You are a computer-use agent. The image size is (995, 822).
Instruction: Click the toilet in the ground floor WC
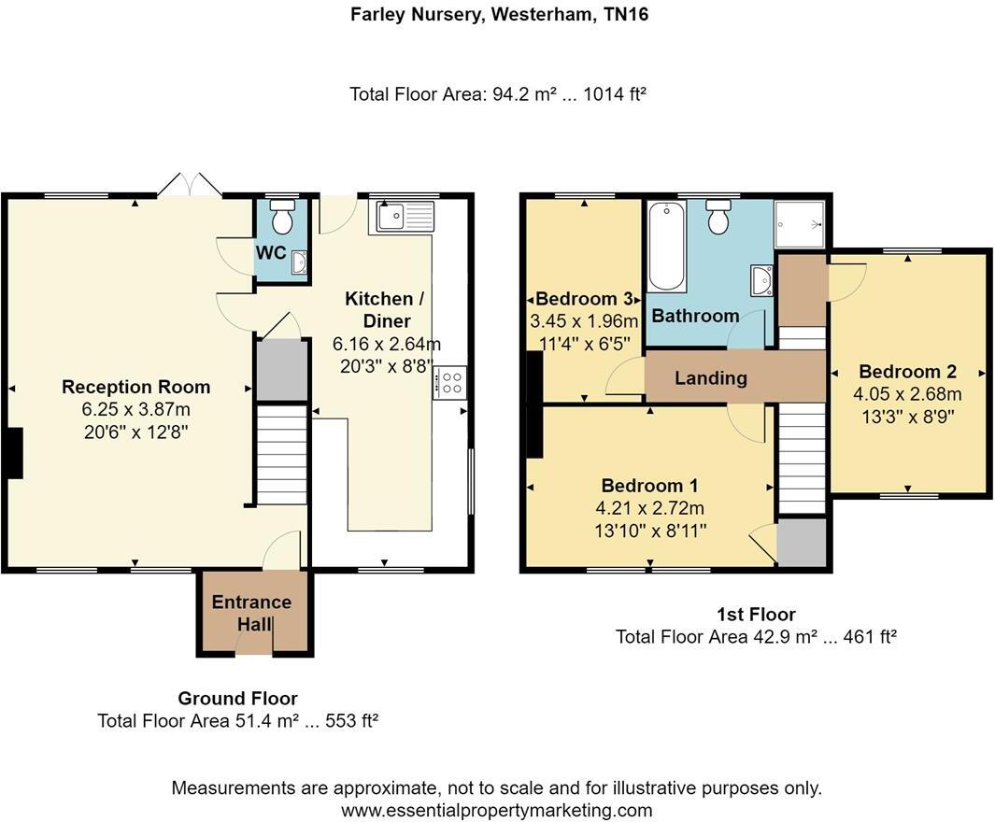point(280,219)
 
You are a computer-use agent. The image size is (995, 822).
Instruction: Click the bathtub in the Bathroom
point(666,247)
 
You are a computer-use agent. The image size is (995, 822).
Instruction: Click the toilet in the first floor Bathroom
point(718,218)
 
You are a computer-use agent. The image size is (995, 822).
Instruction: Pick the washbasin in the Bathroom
point(761,279)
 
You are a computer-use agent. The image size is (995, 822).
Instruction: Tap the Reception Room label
point(135,387)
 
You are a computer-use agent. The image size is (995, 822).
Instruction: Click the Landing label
point(711,377)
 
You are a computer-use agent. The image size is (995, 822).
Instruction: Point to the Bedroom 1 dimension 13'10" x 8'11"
point(650,531)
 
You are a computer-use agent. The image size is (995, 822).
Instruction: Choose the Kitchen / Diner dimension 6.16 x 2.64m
point(387,343)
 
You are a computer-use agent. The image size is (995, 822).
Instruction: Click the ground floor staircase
point(281,454)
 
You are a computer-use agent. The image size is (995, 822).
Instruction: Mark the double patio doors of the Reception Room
point(190,186)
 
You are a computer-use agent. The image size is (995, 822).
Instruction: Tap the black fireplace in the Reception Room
point(13,453)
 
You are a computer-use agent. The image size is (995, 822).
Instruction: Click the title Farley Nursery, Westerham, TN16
point(498,14)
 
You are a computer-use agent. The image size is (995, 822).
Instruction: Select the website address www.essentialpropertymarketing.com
point(496,810)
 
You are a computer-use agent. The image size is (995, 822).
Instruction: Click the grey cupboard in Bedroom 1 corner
point(802,543)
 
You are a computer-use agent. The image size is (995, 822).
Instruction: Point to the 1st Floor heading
point(756,614)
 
